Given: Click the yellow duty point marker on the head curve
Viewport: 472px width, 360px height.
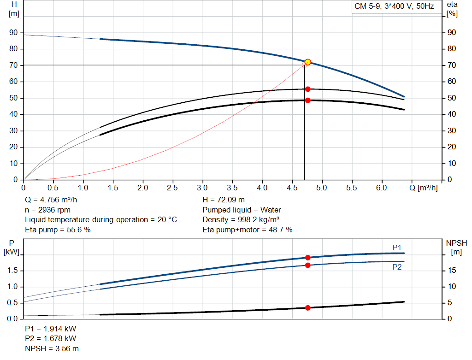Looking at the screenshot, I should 307,62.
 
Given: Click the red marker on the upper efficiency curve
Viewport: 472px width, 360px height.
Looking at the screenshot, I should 307,89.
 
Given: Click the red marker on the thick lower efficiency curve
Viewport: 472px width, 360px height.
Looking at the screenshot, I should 307,100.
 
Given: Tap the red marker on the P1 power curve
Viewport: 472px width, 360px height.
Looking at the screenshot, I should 307,258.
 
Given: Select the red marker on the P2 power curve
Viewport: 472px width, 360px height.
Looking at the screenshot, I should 307,265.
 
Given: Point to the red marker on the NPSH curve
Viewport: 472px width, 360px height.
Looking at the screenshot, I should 307,307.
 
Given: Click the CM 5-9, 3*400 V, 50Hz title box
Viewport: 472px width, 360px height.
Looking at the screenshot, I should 396,6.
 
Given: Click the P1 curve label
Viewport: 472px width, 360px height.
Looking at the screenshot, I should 397,248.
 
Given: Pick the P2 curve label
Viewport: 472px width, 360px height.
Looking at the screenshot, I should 397,266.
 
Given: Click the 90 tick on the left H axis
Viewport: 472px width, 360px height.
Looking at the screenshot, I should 13,33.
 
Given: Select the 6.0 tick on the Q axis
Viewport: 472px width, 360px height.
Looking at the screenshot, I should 381,188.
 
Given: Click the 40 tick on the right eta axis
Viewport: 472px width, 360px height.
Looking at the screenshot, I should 452,114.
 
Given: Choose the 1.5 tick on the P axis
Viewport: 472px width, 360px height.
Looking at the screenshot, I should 13,271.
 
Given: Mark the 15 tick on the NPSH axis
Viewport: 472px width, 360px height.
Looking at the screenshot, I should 452,271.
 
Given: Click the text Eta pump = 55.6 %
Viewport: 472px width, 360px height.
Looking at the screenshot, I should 58,230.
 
